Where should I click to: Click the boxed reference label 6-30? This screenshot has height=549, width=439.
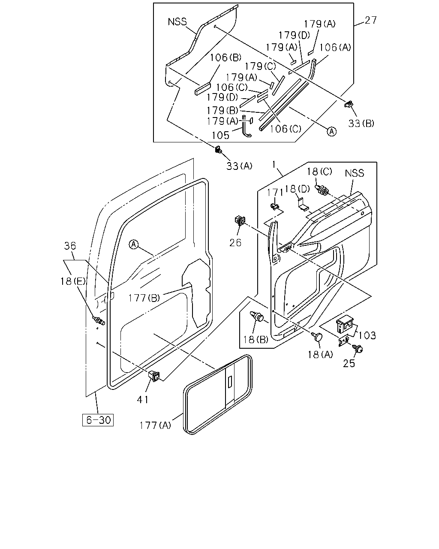click(98, 419)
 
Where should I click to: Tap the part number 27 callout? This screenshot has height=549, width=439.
click(371, 20)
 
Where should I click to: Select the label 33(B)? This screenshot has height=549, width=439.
click(361, 124)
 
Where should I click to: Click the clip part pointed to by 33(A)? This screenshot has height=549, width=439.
click(218, 149)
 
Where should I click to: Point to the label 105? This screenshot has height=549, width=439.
click(220, 135)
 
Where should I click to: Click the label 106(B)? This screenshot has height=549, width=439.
click(225, 57)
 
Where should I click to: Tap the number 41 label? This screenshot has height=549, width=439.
click(143, 399)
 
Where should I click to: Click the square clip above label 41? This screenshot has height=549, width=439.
click(154, 376)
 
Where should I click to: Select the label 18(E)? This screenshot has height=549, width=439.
click(73, 281)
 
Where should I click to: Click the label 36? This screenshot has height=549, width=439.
click(70, 246)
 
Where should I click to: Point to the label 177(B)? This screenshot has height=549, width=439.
click(144, 298)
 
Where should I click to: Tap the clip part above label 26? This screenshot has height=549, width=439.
click(240, 220)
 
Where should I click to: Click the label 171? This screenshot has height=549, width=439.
click(275, 193)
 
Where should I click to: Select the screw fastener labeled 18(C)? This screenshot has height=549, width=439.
click(322, 190)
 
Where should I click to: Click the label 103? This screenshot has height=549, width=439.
click(367, 335)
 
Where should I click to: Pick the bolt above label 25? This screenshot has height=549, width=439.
click(358, 348)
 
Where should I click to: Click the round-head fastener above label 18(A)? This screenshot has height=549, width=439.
click(317, 337)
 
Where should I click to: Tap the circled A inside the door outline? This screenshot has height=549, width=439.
click(133, 244)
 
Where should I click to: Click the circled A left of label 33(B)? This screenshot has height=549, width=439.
click(332, 131)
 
